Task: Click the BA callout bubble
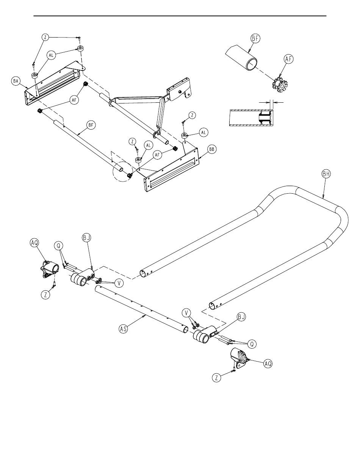coord(16,81)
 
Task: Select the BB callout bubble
coord(212,150)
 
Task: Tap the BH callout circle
coord(326,174)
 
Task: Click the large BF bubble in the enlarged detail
coord(255,38)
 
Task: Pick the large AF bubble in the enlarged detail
coord(289,59)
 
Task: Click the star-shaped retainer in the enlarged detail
coord(280,85)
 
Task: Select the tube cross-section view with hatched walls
coord(252,117)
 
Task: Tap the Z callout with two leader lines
coord(45,37)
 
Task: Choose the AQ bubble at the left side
coord(34,243)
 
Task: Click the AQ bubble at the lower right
coord(268,364)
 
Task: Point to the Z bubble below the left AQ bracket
coord(45,294)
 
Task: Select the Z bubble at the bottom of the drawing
coord(216,377)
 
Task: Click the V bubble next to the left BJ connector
coord(119,283)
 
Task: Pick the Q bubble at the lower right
coord(252,344)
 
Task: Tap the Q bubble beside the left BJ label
coord(59,246)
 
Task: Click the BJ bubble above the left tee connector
coord(87,238)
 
